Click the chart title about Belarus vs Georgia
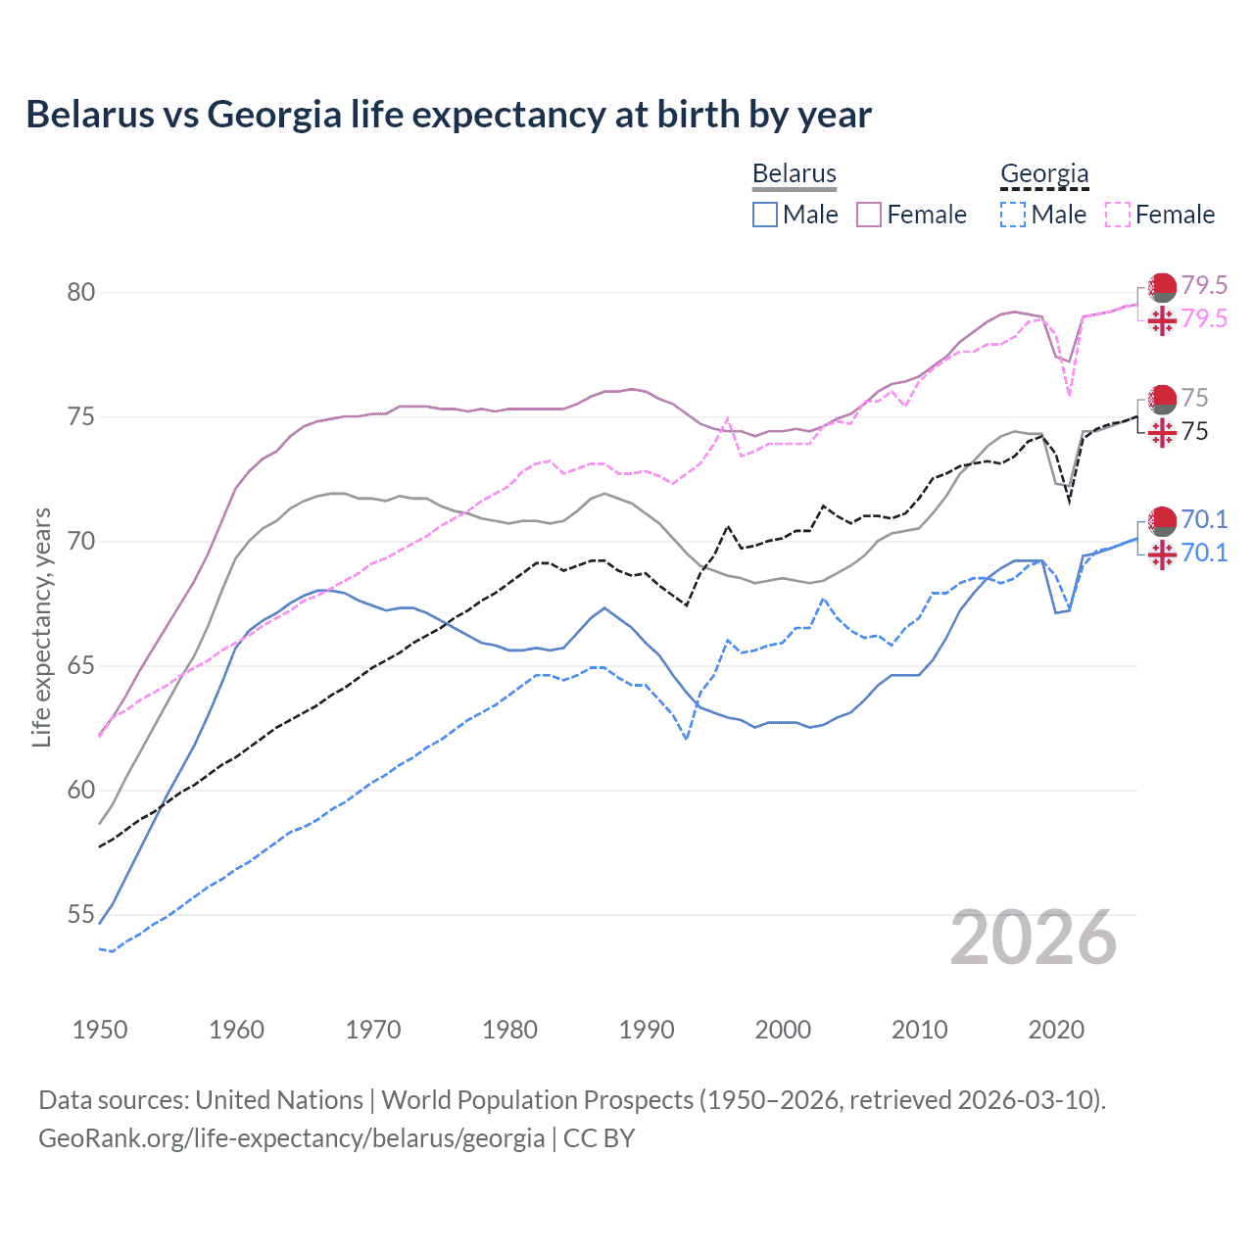tap(448, 115)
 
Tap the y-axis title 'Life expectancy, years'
tap(42, 627)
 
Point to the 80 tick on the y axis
tap(81, 293)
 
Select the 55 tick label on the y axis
tap(81, 915)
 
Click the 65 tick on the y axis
tap(81, 666)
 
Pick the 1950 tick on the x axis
tap(100, 1030)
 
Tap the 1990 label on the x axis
tap(647, 1030)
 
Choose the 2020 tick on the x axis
tap(1056, 1030)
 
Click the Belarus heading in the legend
tap(794, 174)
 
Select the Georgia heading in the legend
tap(1044, 174)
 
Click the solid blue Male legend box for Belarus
tap(765, 215)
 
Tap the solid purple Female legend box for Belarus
tap(869, 215)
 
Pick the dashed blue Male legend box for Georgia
tap(1013, 215)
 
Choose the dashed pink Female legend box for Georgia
tap(1118, 215)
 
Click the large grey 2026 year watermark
tap(1034, 939)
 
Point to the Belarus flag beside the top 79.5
tap(1162, 287)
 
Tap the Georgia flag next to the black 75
tap(1162, 432)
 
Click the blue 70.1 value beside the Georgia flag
tap(1204, 553)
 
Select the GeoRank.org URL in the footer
tap(291, 1138)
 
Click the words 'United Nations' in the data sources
tap(279, 1100)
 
